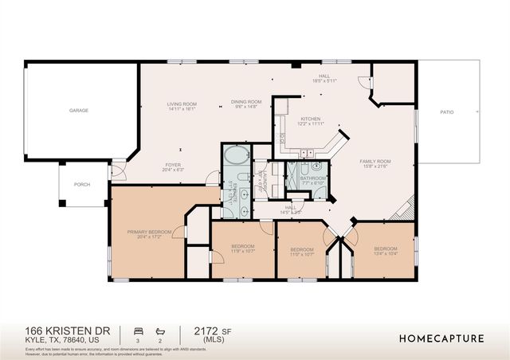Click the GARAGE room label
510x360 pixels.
[78, 110]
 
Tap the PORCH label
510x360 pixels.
[82, 184]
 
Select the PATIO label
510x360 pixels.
[447, 112]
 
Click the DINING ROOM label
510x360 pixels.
[246, 102]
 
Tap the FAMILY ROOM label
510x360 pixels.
[374, 160]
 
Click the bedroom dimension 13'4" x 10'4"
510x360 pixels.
[386, 253]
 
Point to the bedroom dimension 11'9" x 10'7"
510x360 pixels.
[243, 251]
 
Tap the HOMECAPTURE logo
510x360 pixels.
[441, 338]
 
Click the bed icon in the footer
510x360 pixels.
[137, 331]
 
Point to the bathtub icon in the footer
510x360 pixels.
[159, 331]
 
